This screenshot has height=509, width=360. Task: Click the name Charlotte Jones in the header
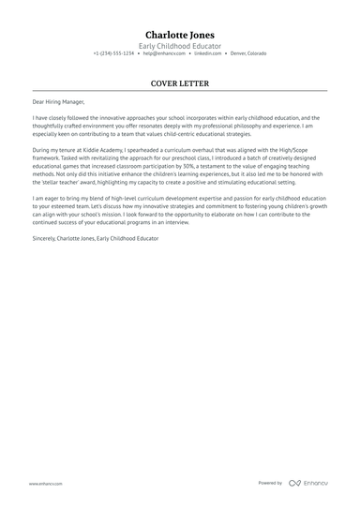pos(180,35)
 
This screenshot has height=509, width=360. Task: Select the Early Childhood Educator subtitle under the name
pos(180,46)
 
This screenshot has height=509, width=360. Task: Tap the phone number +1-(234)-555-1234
pos(113,54)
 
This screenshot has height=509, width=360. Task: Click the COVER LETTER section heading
pos(180,82)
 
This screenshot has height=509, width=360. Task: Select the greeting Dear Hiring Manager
pos(60,102)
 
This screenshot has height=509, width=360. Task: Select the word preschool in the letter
pos(172,158)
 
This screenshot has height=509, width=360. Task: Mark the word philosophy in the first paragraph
pos(248,127)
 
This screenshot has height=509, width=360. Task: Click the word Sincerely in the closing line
pos(43,239)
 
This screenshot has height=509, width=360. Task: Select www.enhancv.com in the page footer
pos(45,483)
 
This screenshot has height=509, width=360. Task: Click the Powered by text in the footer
pos(270,483)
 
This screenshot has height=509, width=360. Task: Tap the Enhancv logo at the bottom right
pos(308,483)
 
